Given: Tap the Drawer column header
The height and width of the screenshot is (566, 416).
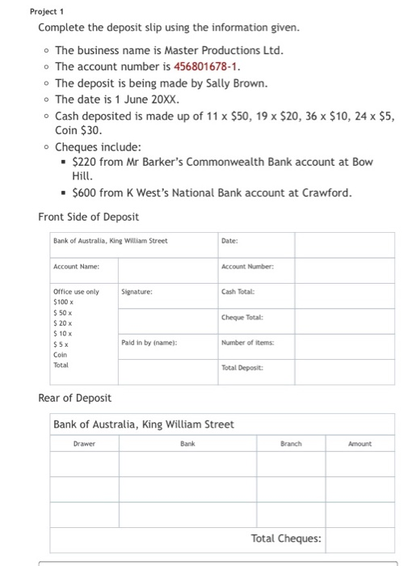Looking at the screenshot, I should coord(84,444).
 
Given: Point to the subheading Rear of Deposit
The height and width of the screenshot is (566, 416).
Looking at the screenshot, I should coord(75,397).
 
